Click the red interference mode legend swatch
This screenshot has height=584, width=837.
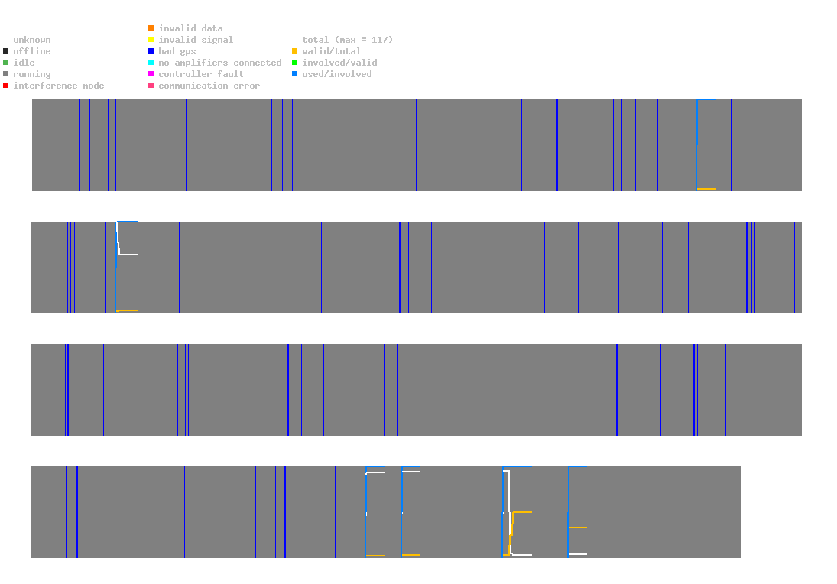click(5, 86)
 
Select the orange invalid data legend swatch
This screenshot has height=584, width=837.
click(151, 28)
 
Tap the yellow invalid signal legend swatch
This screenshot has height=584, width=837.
click(151, 40)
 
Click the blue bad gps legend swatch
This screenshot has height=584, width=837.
click(151, 51)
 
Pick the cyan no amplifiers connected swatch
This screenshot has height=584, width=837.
click(151, 63)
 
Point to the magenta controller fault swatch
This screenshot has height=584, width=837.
click(151, 74)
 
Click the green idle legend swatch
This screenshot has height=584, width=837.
click(5, 63)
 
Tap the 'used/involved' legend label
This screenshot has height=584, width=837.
click(337, 74)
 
